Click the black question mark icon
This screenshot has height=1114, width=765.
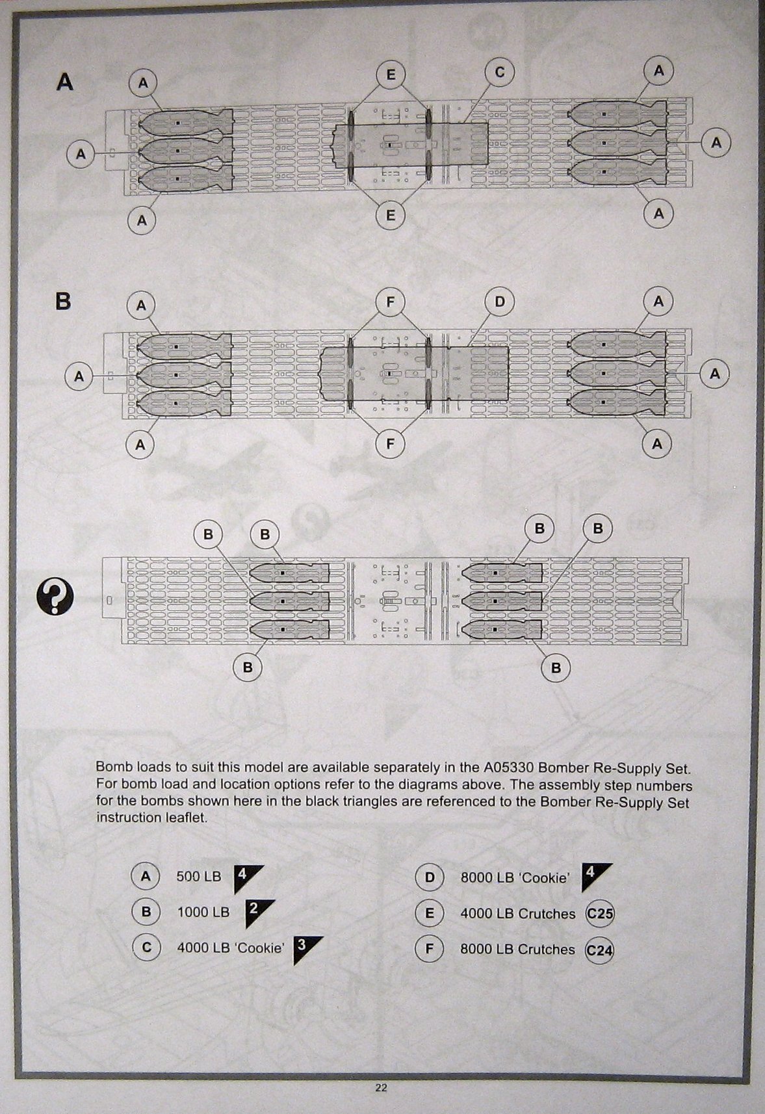55,597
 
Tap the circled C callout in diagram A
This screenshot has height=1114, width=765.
499,72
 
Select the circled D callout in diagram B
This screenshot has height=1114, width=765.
499,302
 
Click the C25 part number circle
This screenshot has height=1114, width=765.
599,913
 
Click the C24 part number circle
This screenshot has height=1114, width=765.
599,950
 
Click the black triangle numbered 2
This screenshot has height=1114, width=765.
258,911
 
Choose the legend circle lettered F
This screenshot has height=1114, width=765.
429,949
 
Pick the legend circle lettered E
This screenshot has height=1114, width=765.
429,913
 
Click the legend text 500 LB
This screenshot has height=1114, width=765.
199,876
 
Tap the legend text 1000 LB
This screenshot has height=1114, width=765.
203,912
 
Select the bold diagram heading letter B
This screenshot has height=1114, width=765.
63,302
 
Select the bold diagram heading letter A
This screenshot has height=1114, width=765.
65,82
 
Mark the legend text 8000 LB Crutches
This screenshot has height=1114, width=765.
517,949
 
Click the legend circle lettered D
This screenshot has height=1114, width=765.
429,877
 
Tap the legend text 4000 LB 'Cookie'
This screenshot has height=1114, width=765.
231,948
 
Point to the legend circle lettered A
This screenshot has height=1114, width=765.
146,876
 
